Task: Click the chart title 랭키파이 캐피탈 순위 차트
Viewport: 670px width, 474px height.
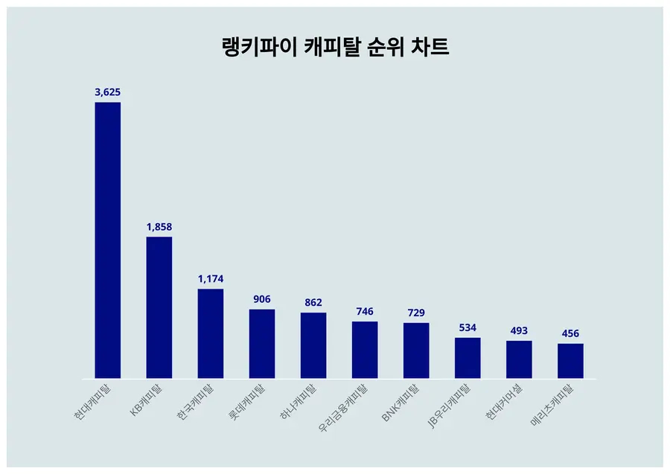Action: (336, 48)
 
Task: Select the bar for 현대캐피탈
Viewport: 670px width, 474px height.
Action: (107, 240)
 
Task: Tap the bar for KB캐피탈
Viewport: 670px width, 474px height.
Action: (159, 307)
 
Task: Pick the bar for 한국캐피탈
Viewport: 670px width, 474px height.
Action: (211, 333)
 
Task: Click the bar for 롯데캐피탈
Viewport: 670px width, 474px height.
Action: (262, 344)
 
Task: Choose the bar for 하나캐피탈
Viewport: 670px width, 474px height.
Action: (313, 345)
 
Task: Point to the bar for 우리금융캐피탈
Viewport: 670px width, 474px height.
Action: (365, 350)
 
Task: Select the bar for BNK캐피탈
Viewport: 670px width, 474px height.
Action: (416, 350)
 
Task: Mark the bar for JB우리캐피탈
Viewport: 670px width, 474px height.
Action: (468, 358)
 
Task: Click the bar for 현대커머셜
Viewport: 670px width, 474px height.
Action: (519, 359)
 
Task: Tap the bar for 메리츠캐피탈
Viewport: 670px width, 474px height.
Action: (570, 361)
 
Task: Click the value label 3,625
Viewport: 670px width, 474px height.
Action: (107, 92)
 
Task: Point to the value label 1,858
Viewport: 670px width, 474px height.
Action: (159, 227)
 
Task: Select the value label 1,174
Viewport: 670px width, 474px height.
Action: (211, 279)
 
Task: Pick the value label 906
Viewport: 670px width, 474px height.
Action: (262, 299)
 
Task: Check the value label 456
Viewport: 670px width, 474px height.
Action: (570, 333)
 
